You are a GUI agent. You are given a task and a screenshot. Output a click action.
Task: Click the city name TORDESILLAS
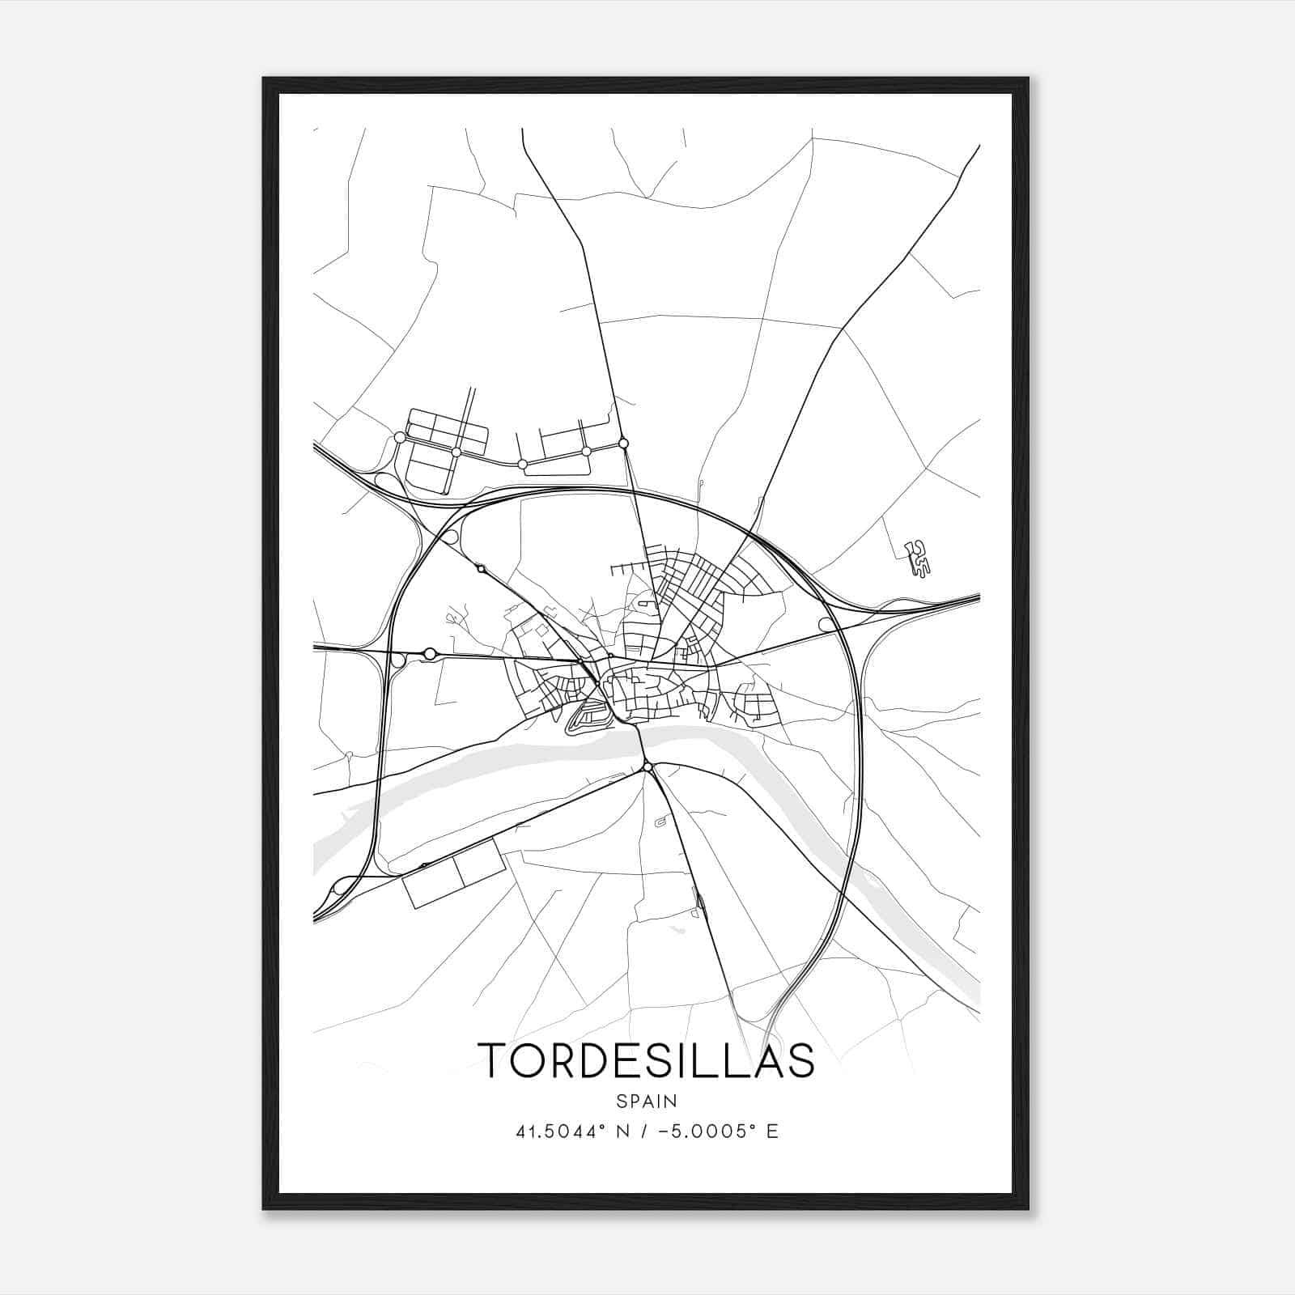(647, 1060)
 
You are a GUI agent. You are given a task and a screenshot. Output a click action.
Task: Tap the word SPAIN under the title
(647, 1102)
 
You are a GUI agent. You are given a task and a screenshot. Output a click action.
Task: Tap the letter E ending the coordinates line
(772, 1132)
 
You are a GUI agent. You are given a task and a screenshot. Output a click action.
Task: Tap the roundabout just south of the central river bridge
(647, 766)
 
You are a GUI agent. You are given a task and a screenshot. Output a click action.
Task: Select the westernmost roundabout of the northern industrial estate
(399, 438)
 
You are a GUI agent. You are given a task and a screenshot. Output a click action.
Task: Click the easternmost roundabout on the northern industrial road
(623, 443)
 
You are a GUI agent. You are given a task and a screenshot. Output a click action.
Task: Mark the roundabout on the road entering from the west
(430, 653)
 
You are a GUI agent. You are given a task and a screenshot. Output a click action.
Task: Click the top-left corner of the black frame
(264, 79)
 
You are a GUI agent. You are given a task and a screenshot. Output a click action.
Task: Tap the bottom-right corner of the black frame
(1027, 1208)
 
